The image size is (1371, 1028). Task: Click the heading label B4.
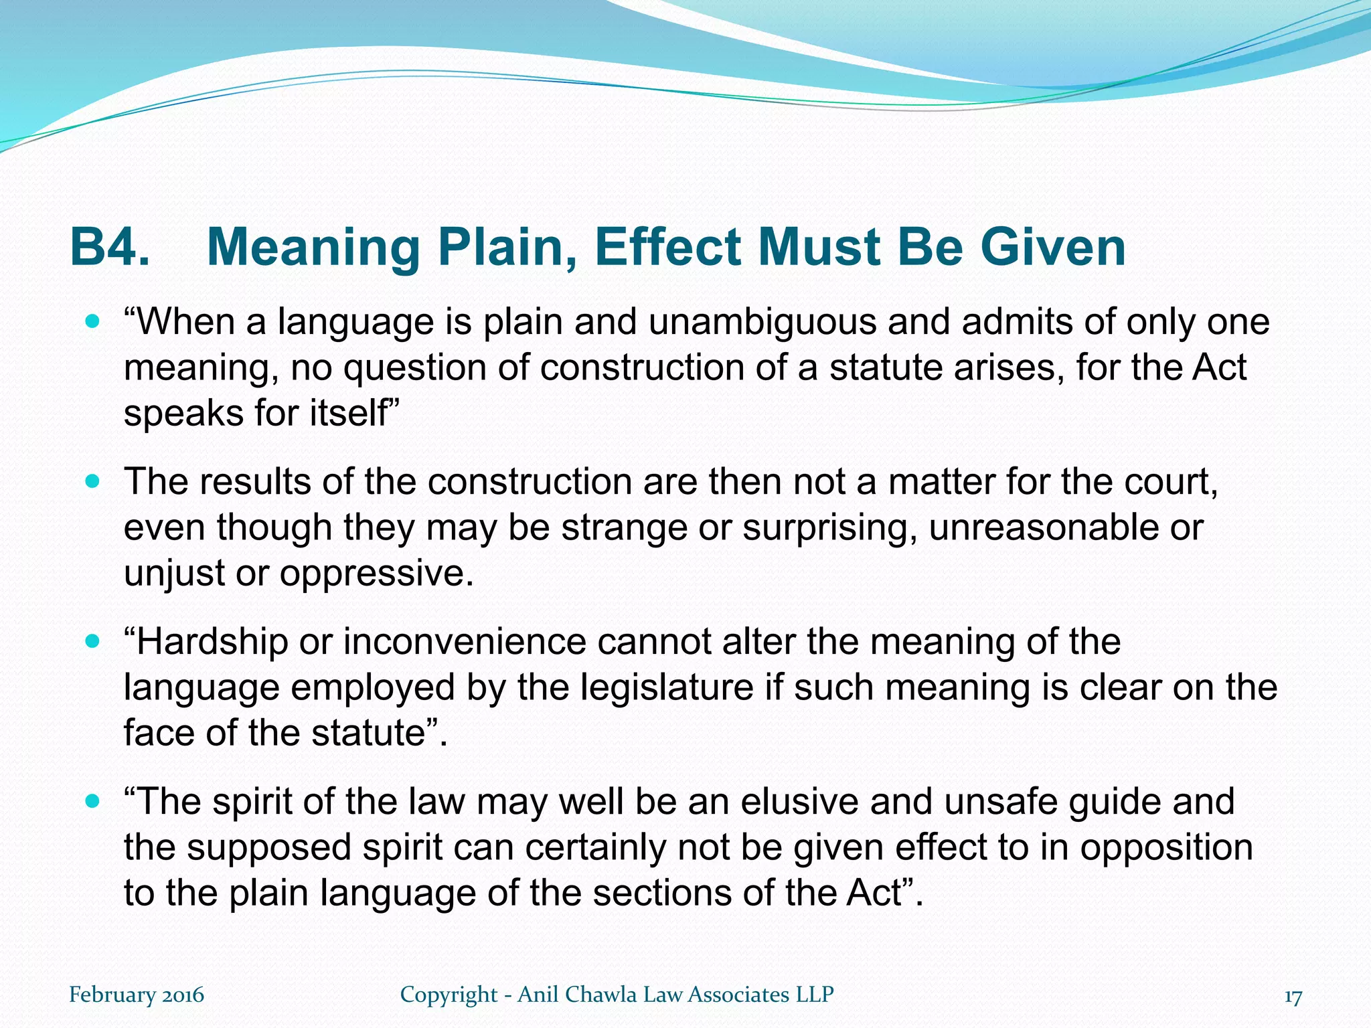[110, 248]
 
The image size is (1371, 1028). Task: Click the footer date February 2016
[137, 995]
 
